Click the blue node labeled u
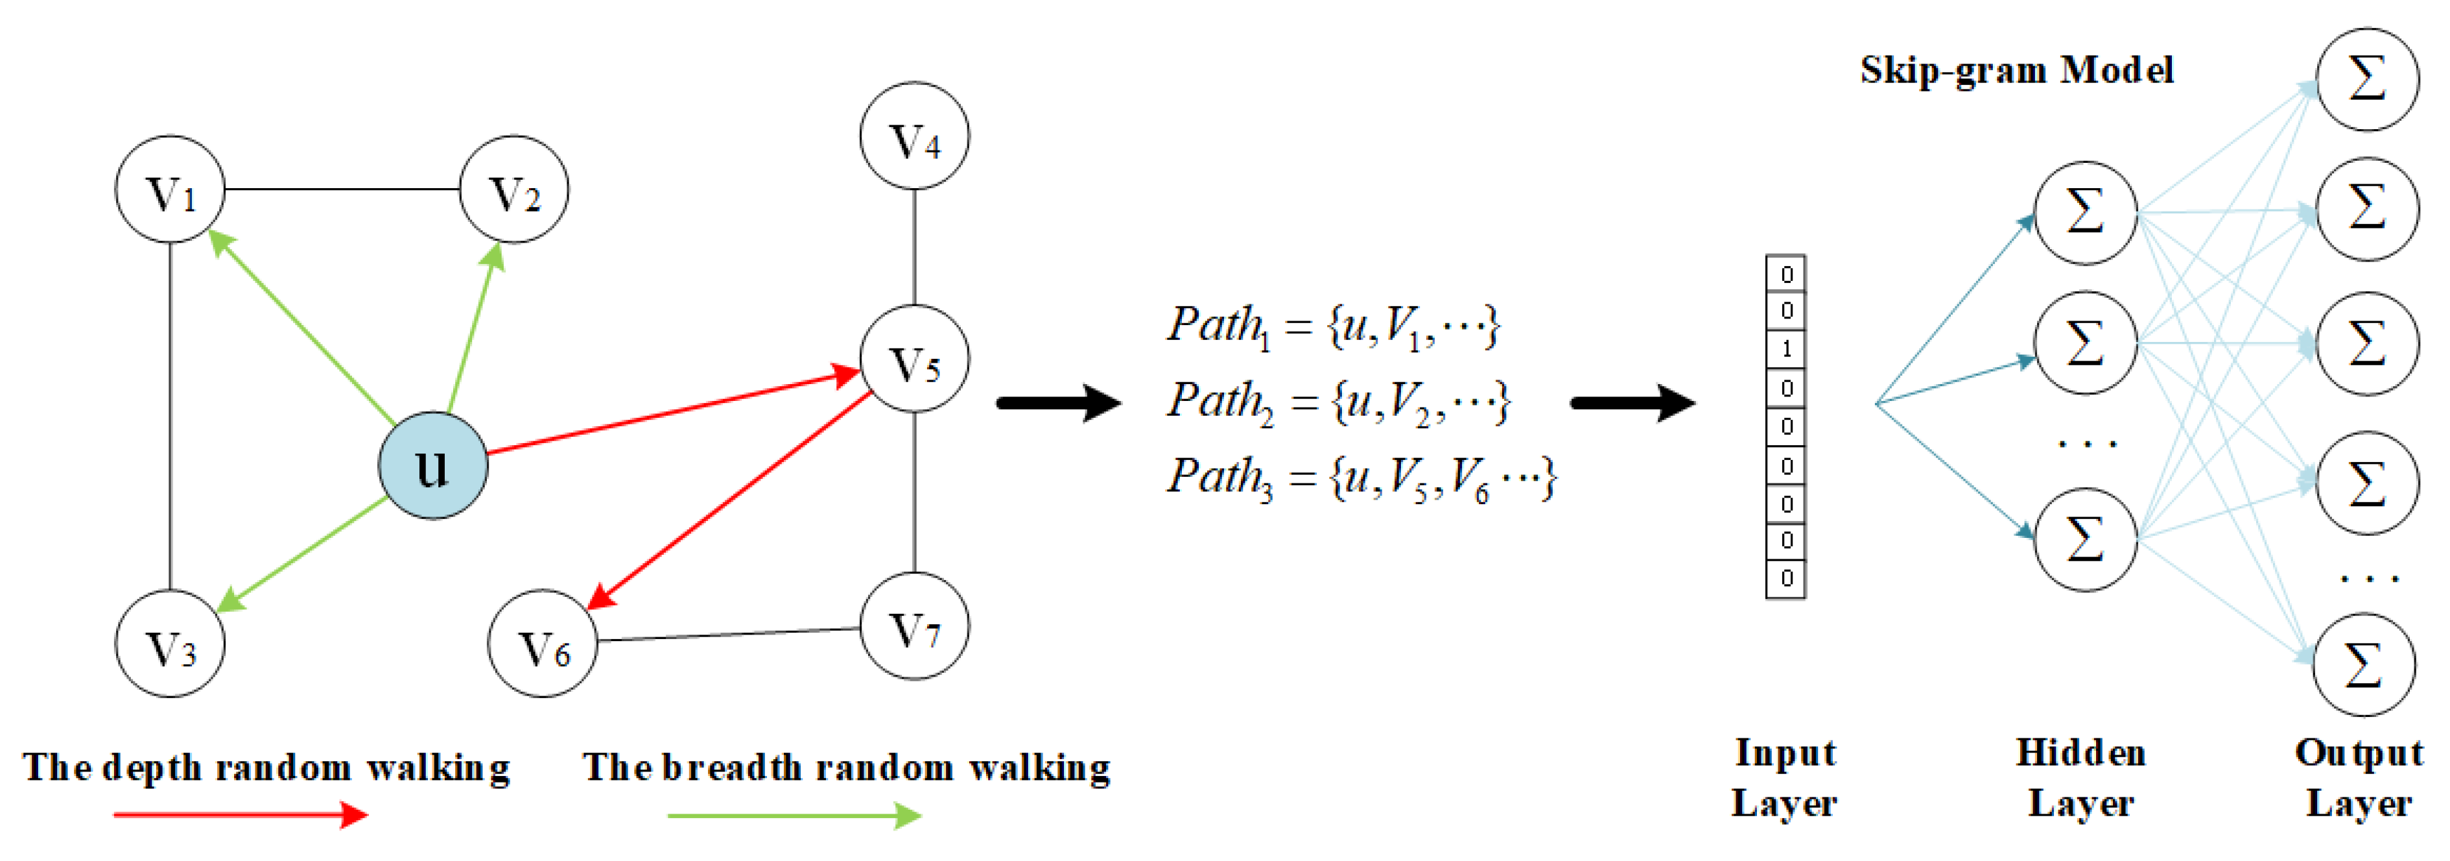tap(432, 465)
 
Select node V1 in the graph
tap(171, 189)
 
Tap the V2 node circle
tap(513, 189)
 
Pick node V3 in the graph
tap(171, 644)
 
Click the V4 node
tap(914, 136)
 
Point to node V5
tap(914, 359)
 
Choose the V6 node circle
tap(542, 644)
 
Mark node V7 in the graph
tap(914, 626)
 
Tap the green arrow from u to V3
tap(304, 552)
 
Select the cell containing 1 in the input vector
tap(1785, 349)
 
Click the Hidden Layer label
tap(2080, 777)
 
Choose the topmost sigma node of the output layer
tap(2366, 79)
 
